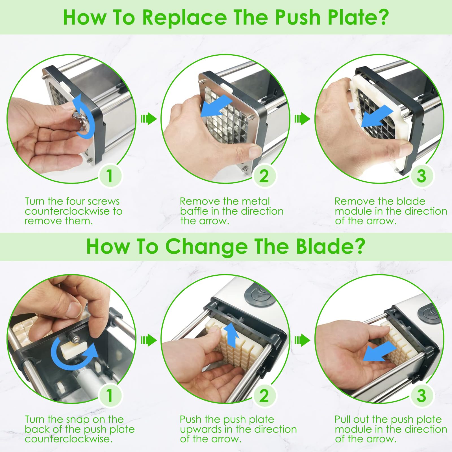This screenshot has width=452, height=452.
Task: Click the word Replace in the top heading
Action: [184, 18]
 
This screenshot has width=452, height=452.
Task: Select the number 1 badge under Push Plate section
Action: [110, 176]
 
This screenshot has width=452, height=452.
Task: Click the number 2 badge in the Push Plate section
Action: [264, 176]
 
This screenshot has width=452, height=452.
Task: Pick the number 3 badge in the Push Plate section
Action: [421, 176]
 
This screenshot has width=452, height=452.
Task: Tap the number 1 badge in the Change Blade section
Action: [110, 395]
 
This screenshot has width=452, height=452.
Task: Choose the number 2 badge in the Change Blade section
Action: [264, 395]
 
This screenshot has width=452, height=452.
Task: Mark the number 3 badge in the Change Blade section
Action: [421, 395]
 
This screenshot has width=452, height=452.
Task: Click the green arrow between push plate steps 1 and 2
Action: [149, 119]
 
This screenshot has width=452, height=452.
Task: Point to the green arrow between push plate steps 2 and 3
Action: [302, 119]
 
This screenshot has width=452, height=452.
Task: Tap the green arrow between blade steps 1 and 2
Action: [149, 340]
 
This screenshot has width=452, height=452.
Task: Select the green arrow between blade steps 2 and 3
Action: [302, 340]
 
